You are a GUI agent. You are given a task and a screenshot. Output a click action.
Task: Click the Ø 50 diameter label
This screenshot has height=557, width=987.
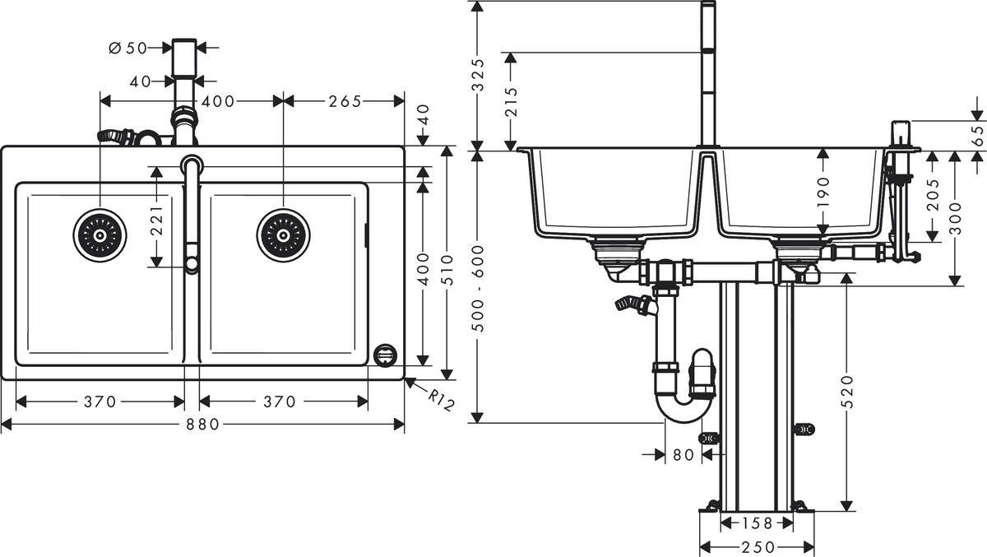tap(127, 49)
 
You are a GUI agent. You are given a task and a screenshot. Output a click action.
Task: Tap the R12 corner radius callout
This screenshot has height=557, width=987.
tap(441, 401)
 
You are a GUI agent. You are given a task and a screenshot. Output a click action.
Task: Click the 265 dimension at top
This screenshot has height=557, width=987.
tap(344, 101)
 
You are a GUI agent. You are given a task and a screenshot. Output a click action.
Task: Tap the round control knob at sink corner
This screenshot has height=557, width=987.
tap(384, 355)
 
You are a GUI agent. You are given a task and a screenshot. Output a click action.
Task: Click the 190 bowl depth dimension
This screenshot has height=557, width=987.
tap(825, 194)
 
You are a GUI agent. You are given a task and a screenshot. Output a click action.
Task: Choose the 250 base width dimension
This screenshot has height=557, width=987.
tap(756, 546)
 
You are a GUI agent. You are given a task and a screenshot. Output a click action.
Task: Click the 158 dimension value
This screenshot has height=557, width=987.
tap(758, 522)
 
